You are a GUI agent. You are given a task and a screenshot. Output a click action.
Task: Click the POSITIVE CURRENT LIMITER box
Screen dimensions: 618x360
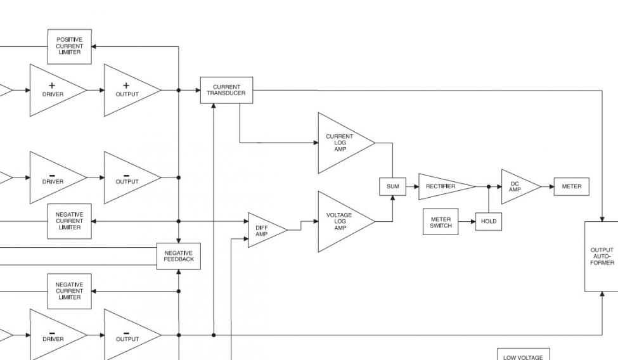[69, 46]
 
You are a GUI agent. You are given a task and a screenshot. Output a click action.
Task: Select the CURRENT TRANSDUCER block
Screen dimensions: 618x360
[227, 90]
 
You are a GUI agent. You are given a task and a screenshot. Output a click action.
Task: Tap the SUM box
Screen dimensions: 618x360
[392, 186]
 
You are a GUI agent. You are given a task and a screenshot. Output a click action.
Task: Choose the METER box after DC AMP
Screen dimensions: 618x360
[572, 186]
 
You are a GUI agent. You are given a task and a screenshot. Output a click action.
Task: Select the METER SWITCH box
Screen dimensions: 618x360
[441, 222]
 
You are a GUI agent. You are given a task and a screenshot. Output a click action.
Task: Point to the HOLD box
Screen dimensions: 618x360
[489, 222]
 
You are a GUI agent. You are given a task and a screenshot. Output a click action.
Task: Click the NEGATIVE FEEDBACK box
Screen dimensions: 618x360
[179, 256]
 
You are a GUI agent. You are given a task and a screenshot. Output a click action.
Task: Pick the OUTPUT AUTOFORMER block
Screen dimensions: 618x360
[602, 256]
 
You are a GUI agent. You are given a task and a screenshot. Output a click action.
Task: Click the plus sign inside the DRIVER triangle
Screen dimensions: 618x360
[51, 86]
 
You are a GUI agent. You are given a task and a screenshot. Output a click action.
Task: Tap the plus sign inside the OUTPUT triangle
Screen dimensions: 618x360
[126, 86]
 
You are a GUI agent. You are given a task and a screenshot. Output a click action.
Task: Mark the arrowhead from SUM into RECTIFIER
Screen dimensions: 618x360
[416, 186]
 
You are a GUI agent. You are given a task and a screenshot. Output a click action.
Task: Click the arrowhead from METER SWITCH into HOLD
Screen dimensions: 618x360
[473, 222]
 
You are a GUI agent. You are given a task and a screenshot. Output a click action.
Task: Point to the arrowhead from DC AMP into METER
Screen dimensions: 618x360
[551, 186]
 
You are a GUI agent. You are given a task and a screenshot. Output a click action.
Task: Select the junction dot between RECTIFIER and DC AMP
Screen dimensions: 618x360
[489, 186]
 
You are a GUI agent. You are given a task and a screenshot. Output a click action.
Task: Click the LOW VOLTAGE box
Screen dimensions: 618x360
[524, 354]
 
